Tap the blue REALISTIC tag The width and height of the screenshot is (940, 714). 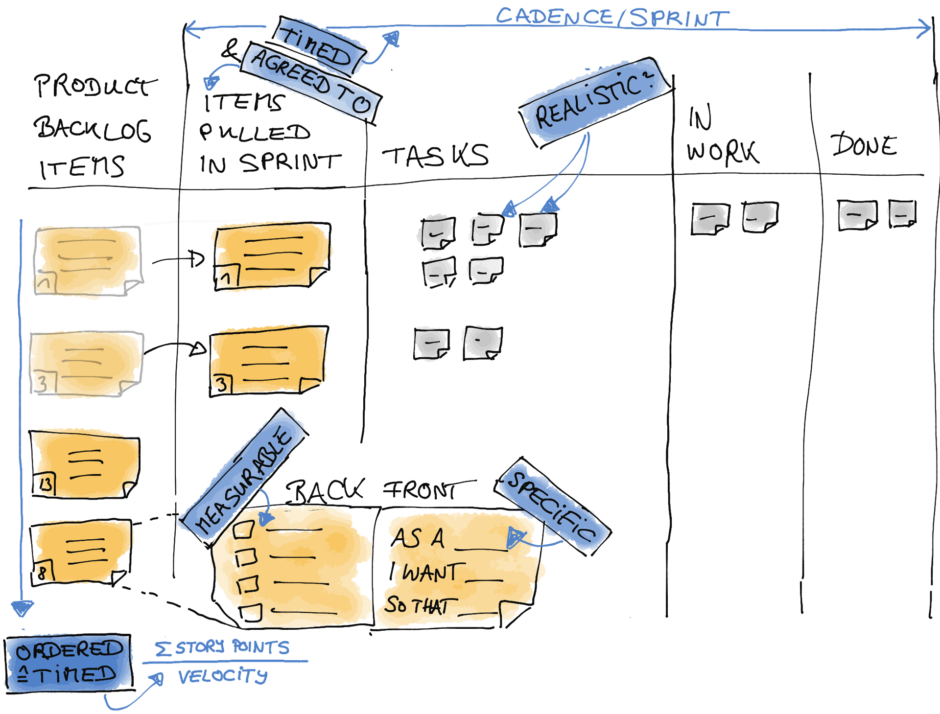595,102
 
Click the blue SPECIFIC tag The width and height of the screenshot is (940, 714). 553,506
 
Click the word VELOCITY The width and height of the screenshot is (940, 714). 223,676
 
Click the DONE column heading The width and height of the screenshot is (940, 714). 864,144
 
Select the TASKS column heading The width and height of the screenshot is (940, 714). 435,156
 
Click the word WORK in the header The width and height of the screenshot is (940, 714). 723,152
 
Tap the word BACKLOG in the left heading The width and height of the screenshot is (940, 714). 93,130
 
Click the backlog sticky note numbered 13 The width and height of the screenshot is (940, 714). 85,465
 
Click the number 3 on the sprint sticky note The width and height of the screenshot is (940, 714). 222,385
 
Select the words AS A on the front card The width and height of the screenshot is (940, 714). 418,538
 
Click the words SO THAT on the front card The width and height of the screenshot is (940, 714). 417,605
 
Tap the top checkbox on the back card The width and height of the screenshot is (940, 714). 244,530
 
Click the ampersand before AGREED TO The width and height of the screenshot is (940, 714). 230,49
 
